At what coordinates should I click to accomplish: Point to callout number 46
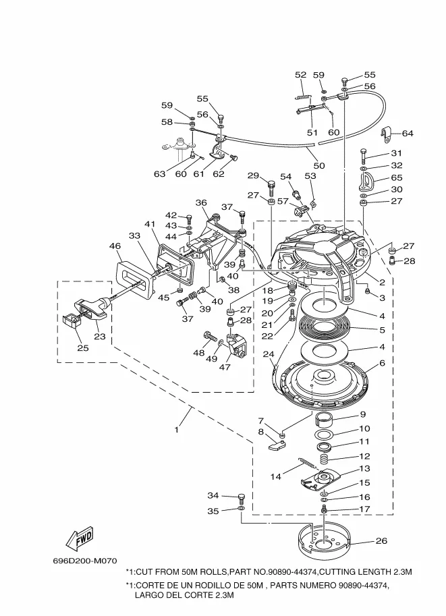click(x=115, y=246)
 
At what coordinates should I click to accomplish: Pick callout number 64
click(x=408, y=133)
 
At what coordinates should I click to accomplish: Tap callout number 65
click(x=396, y=177)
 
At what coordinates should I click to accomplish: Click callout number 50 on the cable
click(x=318, y=165)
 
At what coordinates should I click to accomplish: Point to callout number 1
click(x=177, y=429)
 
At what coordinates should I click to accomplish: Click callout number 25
click(x=83, y=348)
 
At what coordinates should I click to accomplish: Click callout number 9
click(x=362, y=415)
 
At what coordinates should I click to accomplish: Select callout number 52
click(x=300, y=75)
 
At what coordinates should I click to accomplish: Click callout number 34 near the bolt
click(x=213, y=495)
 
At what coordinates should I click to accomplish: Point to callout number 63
click(x=159, y=174)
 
